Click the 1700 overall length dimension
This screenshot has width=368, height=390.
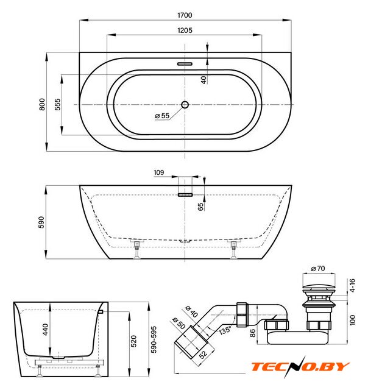tap(185, 15)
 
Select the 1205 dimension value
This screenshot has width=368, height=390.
tap(185, 30)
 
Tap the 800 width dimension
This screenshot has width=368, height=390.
tap(42, 104)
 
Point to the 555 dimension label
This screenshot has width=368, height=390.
tap(57, 104)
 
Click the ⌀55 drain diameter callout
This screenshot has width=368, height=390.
tap(162, 116)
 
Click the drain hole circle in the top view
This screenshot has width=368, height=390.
tap(185, 104)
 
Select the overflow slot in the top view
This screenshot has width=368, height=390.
tap(185, 64)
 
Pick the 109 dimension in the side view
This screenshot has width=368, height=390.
tap(158, 172)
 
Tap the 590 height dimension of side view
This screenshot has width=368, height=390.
tap(41, 222)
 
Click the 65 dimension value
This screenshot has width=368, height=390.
tap(200, 207)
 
